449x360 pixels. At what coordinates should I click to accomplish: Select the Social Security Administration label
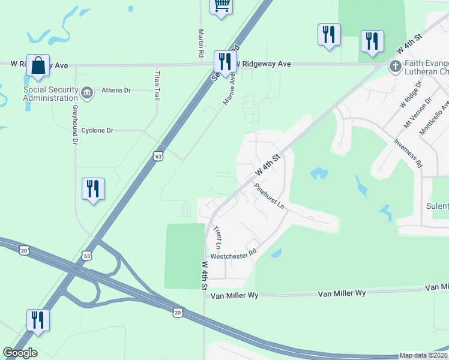tap(50, 94)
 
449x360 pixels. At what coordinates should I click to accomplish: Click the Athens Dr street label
tap(116, 91)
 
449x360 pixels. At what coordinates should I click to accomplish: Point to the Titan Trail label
tap(158, 86)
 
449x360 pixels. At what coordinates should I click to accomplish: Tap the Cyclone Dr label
tap(97, 130)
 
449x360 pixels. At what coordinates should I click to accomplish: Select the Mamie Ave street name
tap(229, 90)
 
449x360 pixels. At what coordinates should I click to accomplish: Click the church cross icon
tap(395, 66)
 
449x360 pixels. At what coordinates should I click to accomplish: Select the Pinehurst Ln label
tap(268, 196)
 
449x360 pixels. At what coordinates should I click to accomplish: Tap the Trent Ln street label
tap(217, 238)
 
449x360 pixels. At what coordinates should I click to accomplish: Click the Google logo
tap(20, 353)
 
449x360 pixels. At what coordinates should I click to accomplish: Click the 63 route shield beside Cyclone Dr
tap(158, 156)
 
